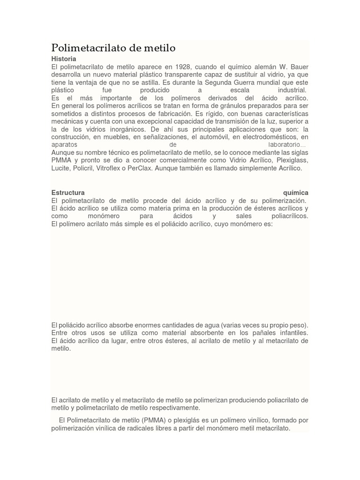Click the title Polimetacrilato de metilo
[113, 48]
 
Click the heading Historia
[63, 59]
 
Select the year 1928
[180, 67]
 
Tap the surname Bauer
[299, 67]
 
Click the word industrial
[292, 90]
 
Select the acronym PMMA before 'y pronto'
[61, 160]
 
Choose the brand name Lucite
[61, 168]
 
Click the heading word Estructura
[68, 193]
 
